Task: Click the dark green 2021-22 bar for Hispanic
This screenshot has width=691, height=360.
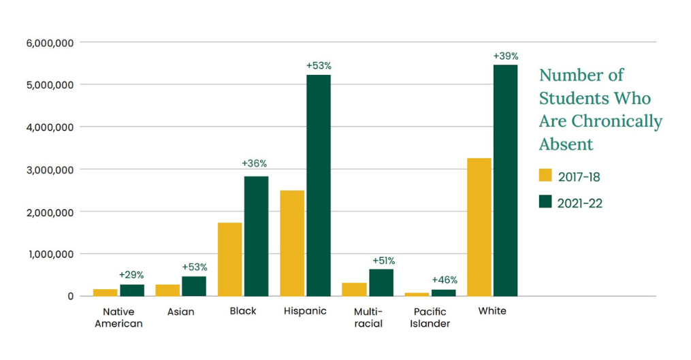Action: pyautogui.click(x=319, y=185)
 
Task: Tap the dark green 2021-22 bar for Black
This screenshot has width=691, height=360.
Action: pyautogui.click(x=256, y=235)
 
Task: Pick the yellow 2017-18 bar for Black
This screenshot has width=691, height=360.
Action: pyautogui.click(x=230, y=259)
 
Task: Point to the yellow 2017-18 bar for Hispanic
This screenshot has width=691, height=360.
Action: pyautogui.click(x=292, y=243)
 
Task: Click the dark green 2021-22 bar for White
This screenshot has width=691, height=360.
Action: pyautogui.click(x=505, y=180)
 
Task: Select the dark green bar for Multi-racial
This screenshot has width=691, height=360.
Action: pyautogui.click(x=381, y=282)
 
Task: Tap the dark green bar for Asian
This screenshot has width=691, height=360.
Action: pyautogui.click(x=194, y=286)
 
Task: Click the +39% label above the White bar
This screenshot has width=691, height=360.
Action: pyautogui.click(x=506, y=55)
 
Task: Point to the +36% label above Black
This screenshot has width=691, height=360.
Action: pyautogui.click(x=255, y=163)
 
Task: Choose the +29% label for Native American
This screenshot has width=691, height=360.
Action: pyautogui.click(x=131, y=274)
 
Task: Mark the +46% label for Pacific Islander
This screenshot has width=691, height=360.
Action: pyautogui.click(x=445, y=280)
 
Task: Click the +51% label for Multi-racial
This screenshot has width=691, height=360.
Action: pyautogui.click(x=383, y=260)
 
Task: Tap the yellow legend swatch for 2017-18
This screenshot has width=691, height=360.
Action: pyautogui.click(x=545, y=176)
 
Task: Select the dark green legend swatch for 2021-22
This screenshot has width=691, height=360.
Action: pyautogui.click(x=545, y=201)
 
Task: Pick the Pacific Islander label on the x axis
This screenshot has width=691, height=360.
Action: pyautogui.click(x=431, y=318)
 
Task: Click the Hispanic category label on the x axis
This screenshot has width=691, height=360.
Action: pyautogui.click(x=305, y=311)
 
